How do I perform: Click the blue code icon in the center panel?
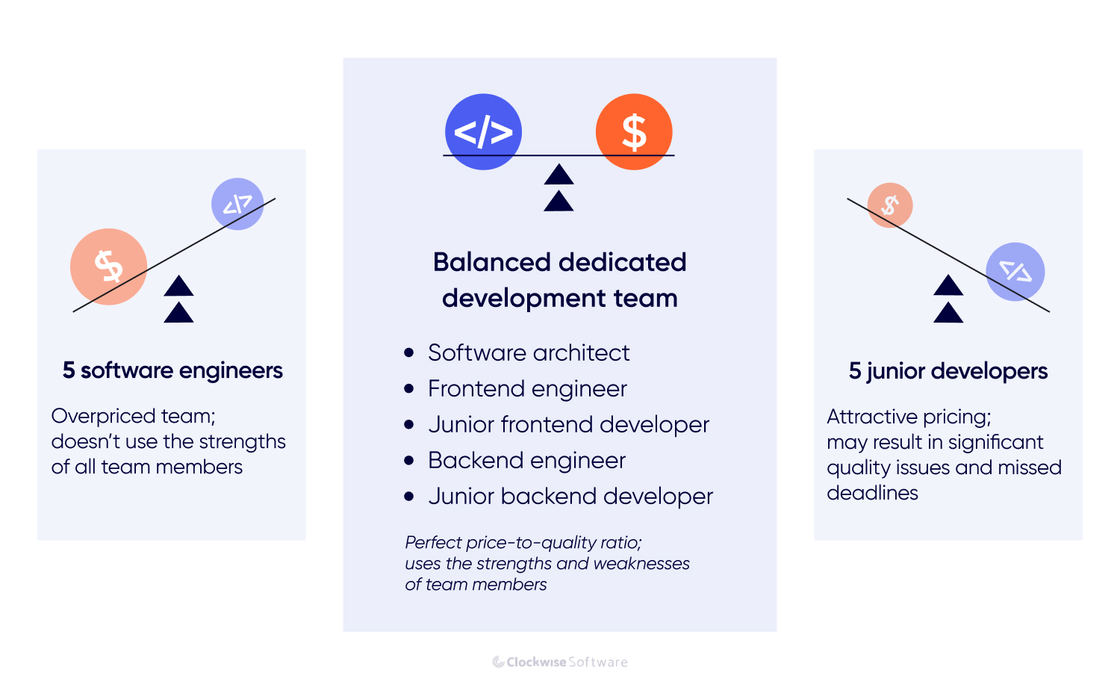pyautogui.click(x=483, y=131)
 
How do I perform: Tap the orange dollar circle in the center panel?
pyautogui.click(x=634, y=131)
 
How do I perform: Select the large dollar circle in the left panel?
pyautogui.click(x=108, y=266)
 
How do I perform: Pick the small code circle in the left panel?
pyautogui.click(x=237, y=204)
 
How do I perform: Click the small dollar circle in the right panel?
pyautogui.click(x=890, y=205)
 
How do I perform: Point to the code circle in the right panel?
pyautogui.click(x=1015, y=272)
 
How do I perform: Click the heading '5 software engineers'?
pyautogui.click(x=172, y=370)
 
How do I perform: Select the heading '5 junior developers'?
pyautogui.click(x=948, y=371)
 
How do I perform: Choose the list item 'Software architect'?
pyautogui.click(x=529, y=352)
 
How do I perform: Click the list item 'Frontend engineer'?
pyautogui.click(x=527, y=388)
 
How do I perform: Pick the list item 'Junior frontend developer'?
pyautogui.click(x=568, y=424)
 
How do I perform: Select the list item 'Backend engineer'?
pyautogui.click(x=526, y=460)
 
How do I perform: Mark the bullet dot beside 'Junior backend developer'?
pyautogui.click(x=408, y=496)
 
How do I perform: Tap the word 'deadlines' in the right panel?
pyautogui.click(x=872, y=493)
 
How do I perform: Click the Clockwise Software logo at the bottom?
pyautogui.click(x=560, y=662)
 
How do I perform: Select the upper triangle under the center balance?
pyautogui.click(x=559, y=175)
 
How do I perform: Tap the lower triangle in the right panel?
pyautogui.click(x=948, y=313)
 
